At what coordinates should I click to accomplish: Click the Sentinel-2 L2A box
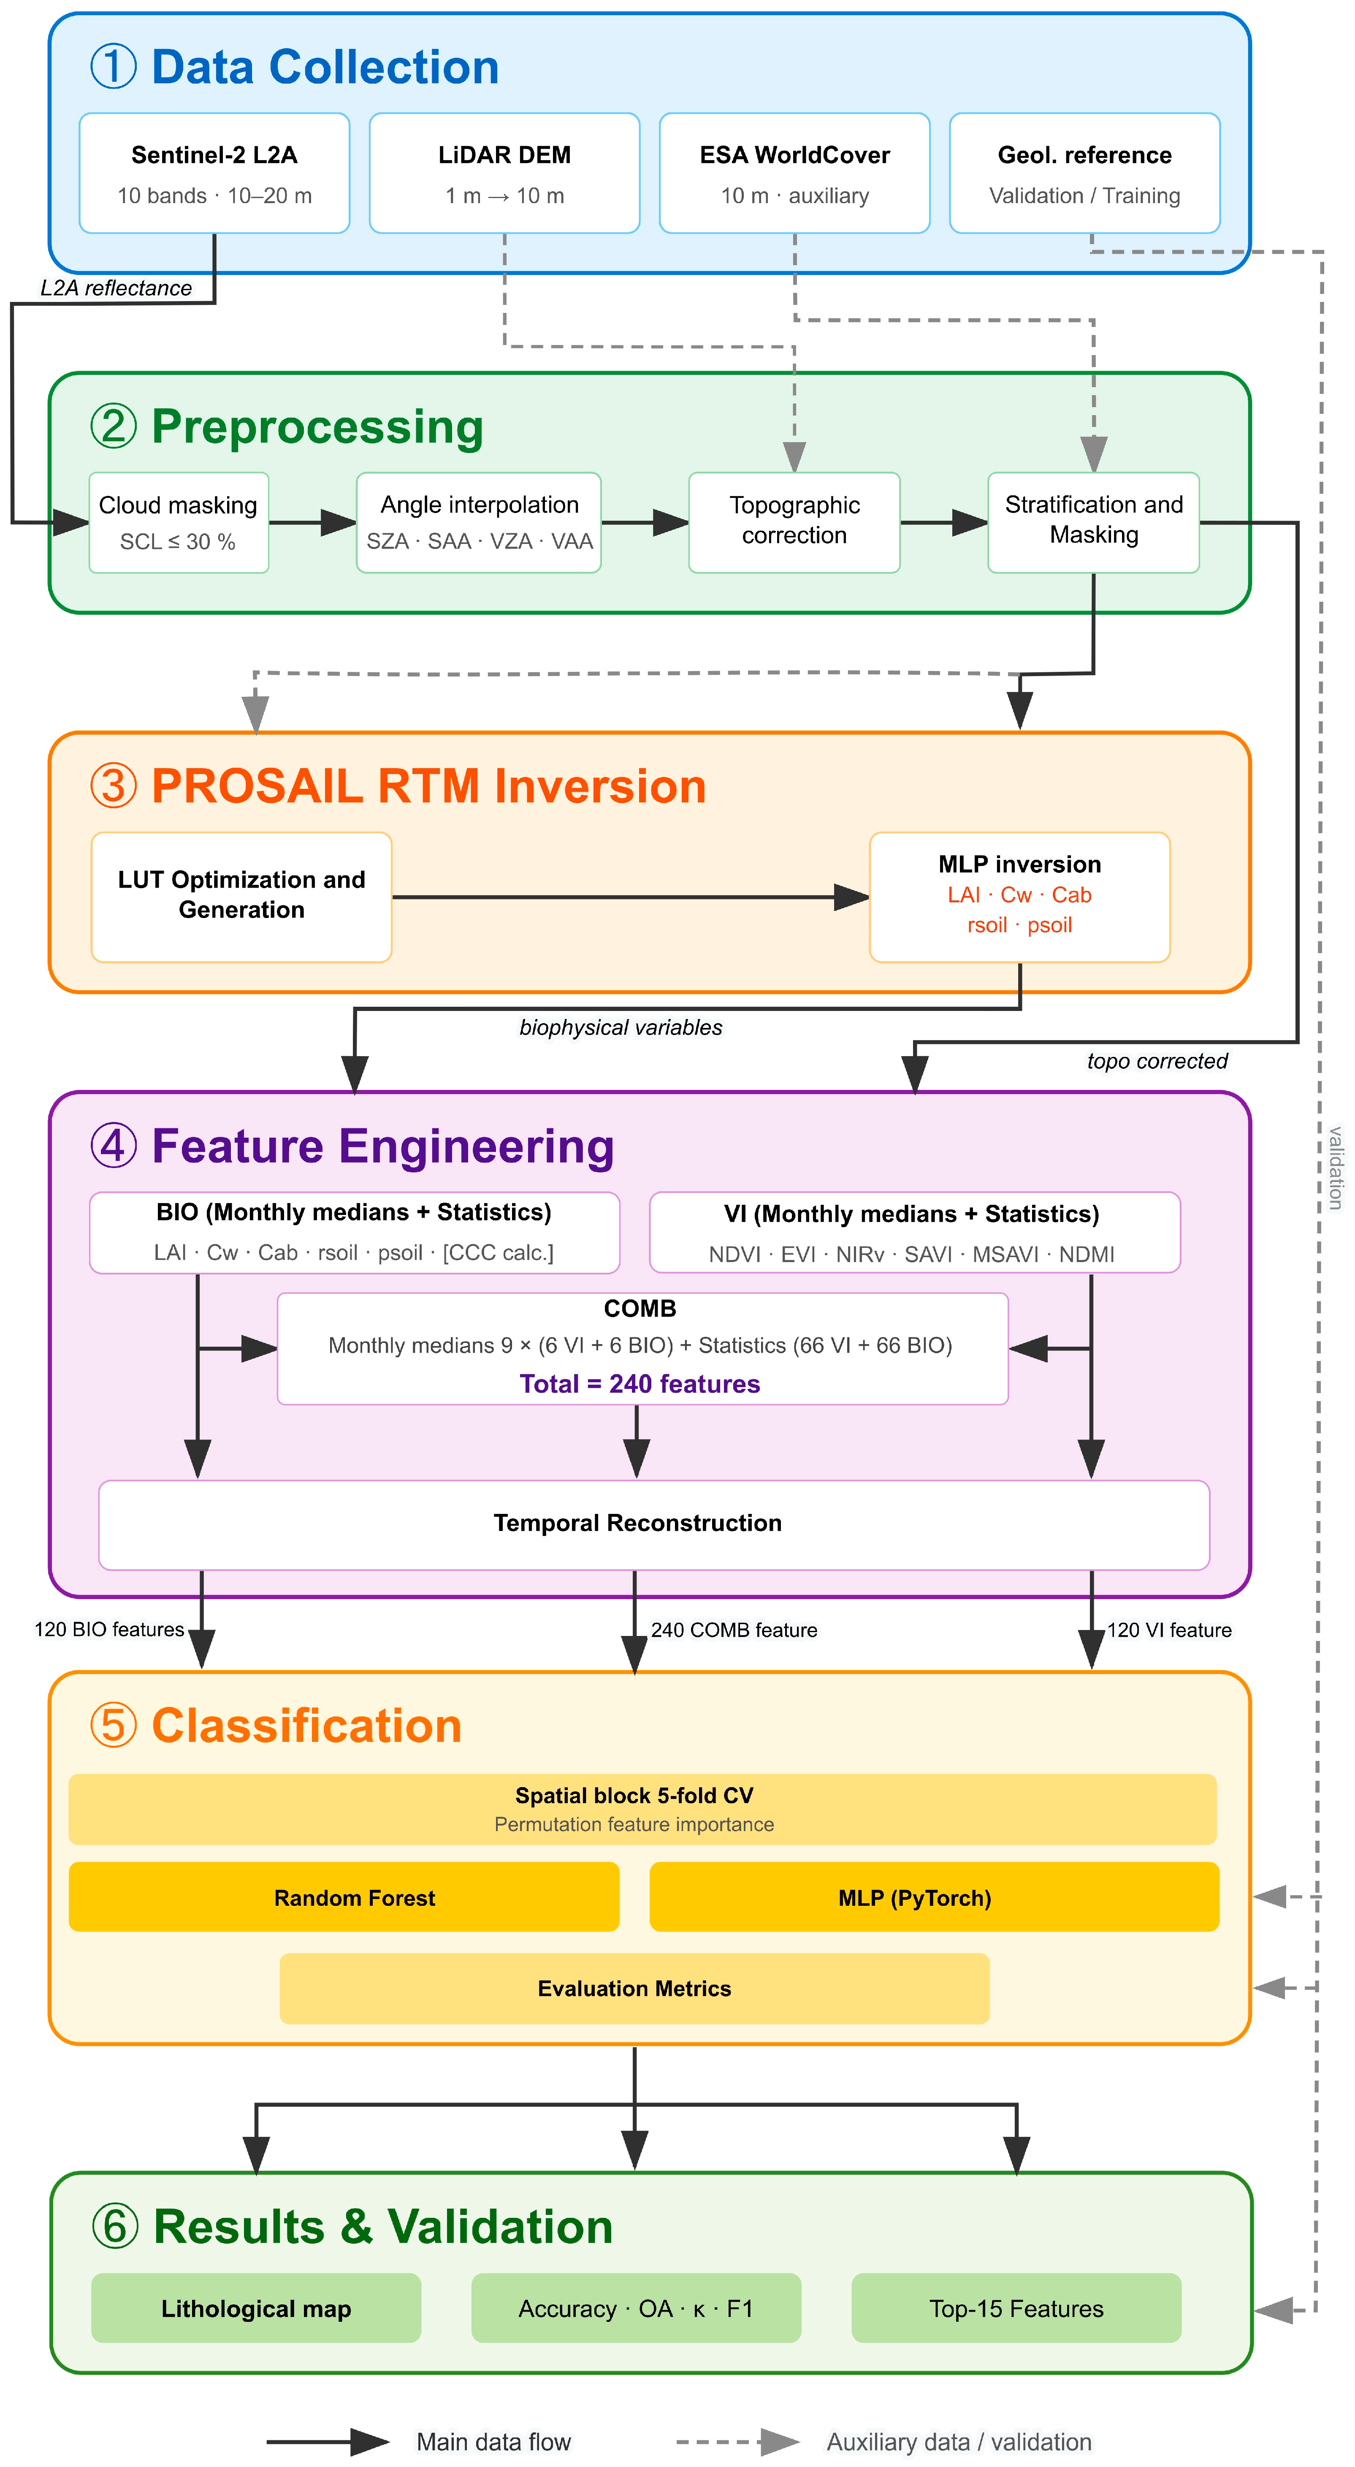point(214,173)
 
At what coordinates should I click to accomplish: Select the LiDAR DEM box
point(505,173)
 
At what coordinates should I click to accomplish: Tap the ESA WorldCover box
point(795,173)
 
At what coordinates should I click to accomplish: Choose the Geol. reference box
point(1085,173)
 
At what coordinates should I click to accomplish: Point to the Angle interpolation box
point(479,523)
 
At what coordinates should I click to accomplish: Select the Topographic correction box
point(795,523)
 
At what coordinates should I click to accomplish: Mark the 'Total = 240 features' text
point(640,1384)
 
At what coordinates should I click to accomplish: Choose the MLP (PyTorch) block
point(935,1897)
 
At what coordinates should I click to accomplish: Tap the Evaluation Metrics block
point(634,1989)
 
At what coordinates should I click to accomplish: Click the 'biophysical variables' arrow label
point(621,1027)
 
